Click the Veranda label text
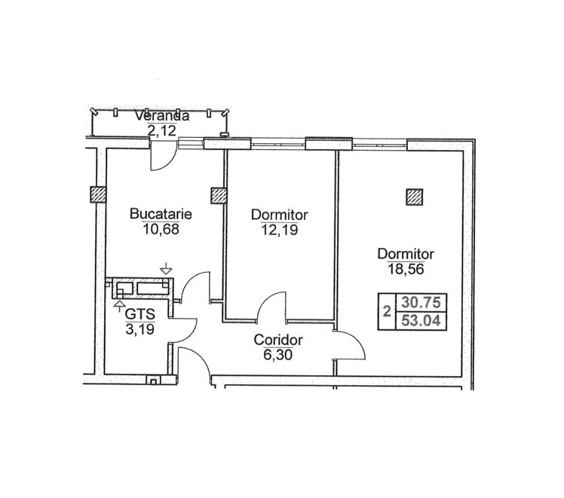[162, 116]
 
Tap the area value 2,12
[162, 130]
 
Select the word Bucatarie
[161, 214]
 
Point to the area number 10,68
[161, 229]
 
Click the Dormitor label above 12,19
[280, 215]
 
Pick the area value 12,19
[280, 230]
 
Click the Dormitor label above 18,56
[406, 254]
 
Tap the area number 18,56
[406, 269]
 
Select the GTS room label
[140, 314]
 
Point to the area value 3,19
[140, 328]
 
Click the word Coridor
[278, 340]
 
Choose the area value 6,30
[277, 355]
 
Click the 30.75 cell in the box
[421, 303]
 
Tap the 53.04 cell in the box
[421, 320]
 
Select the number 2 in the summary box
[387, 311]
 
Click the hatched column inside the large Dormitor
[415, 197]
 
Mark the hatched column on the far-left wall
[98, 194]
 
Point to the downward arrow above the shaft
[166, 268]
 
